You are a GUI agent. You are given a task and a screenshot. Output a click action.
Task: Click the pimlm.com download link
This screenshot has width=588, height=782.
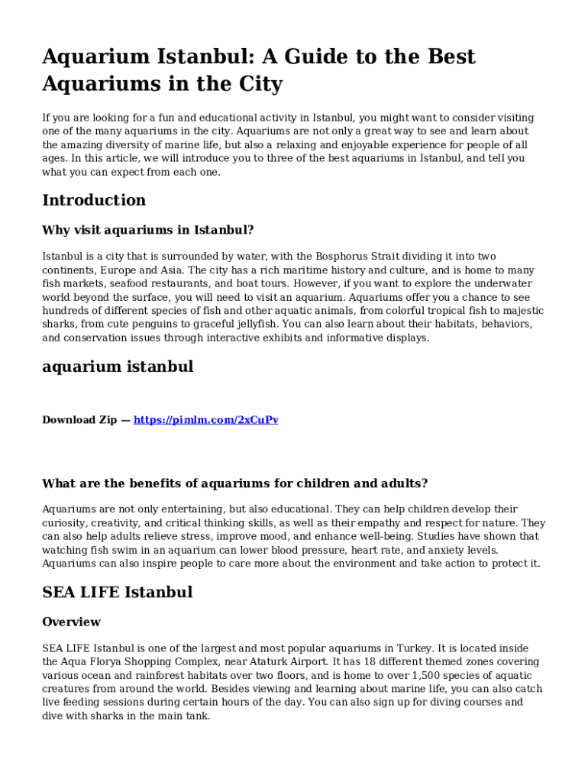(205, 420)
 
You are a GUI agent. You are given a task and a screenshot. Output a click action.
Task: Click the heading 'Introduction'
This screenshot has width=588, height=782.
(94, 201)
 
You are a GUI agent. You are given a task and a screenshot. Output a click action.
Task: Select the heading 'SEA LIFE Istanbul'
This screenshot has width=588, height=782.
(117, 593)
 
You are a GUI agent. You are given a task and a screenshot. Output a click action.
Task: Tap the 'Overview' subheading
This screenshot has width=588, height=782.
(71, 622)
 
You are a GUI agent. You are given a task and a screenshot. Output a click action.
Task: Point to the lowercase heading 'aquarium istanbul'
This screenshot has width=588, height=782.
(118, 367)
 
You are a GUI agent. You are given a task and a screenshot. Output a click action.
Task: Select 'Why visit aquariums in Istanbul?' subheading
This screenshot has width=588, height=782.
(147, 230)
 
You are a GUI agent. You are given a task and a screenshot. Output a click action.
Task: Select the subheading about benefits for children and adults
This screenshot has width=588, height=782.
(234, 483)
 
